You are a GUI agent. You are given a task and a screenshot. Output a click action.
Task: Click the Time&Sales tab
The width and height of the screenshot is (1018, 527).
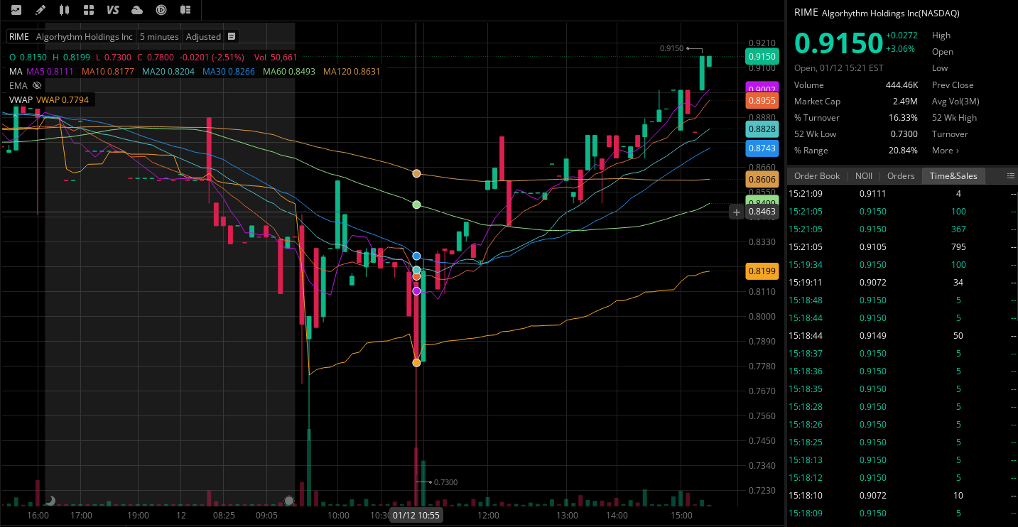953,176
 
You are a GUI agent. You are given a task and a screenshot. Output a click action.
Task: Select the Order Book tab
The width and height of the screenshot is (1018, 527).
816,176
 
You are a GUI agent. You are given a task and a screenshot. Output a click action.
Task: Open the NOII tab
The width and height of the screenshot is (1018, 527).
863,176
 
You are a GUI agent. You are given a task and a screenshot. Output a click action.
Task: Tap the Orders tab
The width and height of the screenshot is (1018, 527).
900,176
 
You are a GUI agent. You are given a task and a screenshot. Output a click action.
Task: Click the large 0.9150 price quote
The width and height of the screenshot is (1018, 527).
838,43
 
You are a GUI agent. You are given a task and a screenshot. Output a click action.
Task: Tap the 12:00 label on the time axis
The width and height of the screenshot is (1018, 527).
488,516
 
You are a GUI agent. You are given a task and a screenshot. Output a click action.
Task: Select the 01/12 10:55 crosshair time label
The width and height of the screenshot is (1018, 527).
416,516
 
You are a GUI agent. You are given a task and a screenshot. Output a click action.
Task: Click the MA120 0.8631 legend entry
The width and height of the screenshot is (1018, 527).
352,72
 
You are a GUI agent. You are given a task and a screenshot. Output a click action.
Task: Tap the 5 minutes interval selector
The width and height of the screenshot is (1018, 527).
159,37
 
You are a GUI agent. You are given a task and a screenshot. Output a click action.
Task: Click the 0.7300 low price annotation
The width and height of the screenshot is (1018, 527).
445,483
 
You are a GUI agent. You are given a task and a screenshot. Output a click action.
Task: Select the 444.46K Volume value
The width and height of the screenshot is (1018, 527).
901,85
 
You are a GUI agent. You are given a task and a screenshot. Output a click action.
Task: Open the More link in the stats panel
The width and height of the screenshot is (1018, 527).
945,151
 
